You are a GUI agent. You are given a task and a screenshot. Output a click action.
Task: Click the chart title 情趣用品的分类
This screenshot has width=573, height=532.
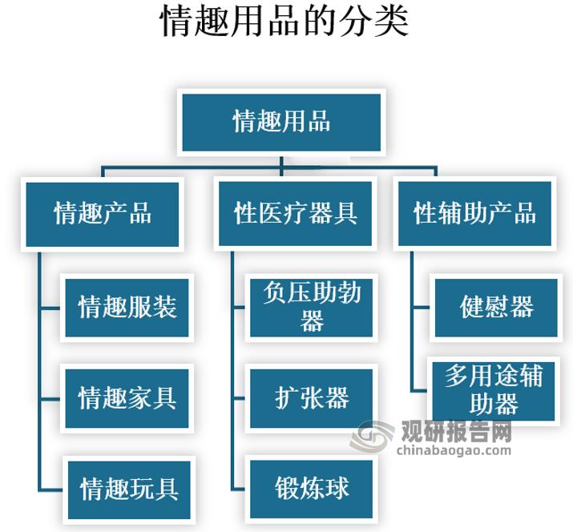tap(285, 22)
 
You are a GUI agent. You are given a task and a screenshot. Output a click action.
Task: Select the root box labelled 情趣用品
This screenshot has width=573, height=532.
tap(281, 122)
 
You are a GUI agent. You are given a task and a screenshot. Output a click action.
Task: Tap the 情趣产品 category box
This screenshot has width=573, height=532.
tap(103, 213)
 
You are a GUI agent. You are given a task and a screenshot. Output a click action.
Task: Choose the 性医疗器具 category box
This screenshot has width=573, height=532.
tap(296, 213)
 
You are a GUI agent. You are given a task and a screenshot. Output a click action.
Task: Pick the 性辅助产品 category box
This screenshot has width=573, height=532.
tap(474, 213)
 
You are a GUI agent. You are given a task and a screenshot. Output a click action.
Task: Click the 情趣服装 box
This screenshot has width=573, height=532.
tap(127, 307)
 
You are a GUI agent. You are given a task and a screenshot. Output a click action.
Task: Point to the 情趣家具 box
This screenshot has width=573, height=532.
tap(127, 397)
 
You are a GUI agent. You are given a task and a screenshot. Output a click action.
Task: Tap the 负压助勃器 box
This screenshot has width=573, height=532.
tap(312, 307)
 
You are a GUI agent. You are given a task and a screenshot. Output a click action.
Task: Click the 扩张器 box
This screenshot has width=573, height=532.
tap(312, 397)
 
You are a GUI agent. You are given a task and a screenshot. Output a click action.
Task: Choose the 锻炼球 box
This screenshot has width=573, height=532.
tap(312, 488)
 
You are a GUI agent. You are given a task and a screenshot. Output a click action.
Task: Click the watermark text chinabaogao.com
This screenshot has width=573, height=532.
tap(454, 451)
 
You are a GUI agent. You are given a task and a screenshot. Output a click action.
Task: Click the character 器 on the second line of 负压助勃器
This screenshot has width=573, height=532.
tap(312, 322)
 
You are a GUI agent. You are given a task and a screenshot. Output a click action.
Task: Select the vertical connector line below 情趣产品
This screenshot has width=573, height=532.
tap(39, 369)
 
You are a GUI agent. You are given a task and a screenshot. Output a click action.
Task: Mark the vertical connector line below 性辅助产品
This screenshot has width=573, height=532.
tap(411, 320)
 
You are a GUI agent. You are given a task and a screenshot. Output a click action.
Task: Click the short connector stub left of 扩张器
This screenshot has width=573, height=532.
tap(240, 398)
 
